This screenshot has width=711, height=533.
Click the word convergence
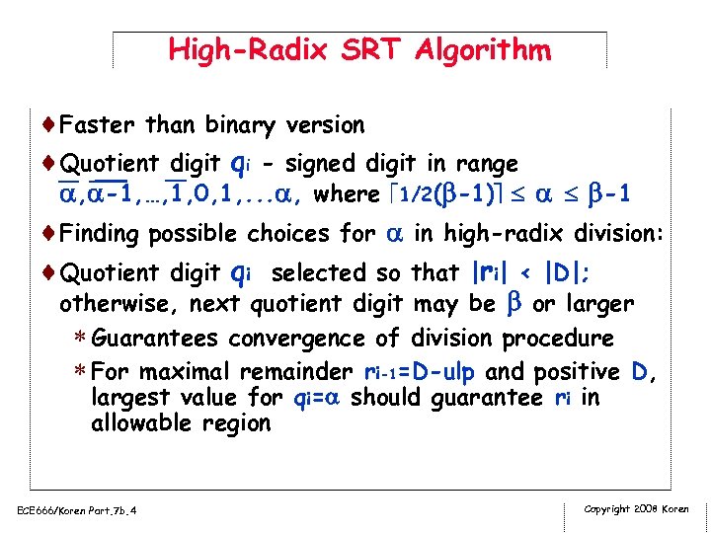(313, 340)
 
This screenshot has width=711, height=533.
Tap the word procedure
(558, 340)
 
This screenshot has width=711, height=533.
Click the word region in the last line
(234, 424)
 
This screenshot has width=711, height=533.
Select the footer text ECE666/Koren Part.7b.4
(75, 509)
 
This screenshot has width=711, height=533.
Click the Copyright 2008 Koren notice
(637, 508)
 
